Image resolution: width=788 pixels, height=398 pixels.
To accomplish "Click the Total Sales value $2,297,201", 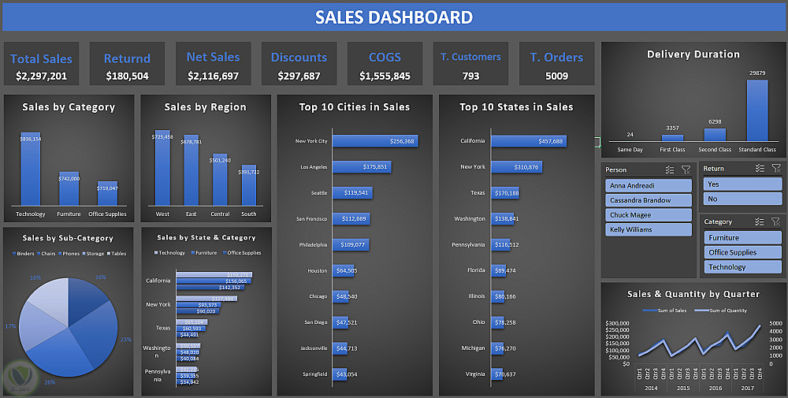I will click(x=41, y=76).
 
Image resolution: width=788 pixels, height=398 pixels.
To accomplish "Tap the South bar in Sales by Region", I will click(x=249, y=185).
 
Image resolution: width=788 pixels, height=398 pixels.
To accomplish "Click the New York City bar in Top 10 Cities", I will click(x=374, y=141).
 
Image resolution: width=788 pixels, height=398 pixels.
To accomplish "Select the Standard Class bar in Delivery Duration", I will click(x=757, y=110).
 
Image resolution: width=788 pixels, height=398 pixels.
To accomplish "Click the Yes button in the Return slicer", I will click(x=742, y=184).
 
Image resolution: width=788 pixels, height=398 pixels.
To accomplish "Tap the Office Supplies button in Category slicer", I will click(x=742, y=252).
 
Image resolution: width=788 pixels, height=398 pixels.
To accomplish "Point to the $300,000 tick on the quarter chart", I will click(x=618, y=323).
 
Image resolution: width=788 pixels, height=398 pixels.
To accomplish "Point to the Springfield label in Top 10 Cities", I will click(x=311, y=374).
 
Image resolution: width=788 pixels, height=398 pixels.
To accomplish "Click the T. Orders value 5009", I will click(x=556, y=76).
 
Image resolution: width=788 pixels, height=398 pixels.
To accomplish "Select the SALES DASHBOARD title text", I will click(x=394, y=17).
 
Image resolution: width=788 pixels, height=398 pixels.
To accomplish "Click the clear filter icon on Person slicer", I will click(x=686, y=169).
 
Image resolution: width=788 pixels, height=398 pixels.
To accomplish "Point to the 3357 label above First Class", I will click(x=672, y=128).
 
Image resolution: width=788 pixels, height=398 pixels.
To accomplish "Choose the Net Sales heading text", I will click(x=213, y=57).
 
